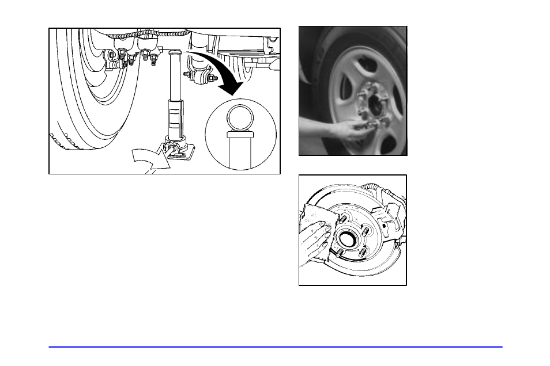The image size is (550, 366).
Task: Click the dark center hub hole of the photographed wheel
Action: coord(375,105)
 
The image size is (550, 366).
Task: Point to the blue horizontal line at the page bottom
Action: coord(275,347)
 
